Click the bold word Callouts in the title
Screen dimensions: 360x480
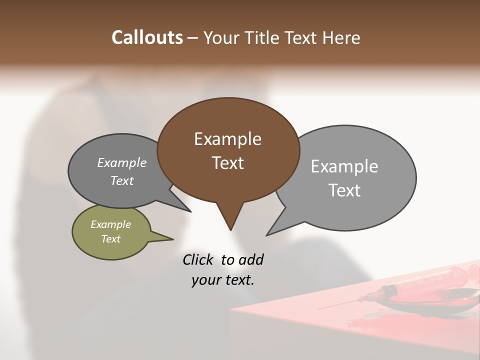pos(147,37)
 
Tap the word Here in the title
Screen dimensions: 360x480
pos(341,37)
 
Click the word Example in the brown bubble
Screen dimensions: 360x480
pos(227,139)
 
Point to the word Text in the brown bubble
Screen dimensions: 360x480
pos(227,163)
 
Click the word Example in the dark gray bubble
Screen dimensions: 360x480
pos(122,163)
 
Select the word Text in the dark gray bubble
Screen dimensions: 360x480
pos(122,180)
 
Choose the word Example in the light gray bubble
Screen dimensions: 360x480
pos(344,166)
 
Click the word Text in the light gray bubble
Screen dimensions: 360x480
pos(344,190)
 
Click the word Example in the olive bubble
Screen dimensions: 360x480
pos(110,224)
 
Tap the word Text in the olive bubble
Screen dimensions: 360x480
pos(110,239)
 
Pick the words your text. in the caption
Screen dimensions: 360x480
pos(222,280)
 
